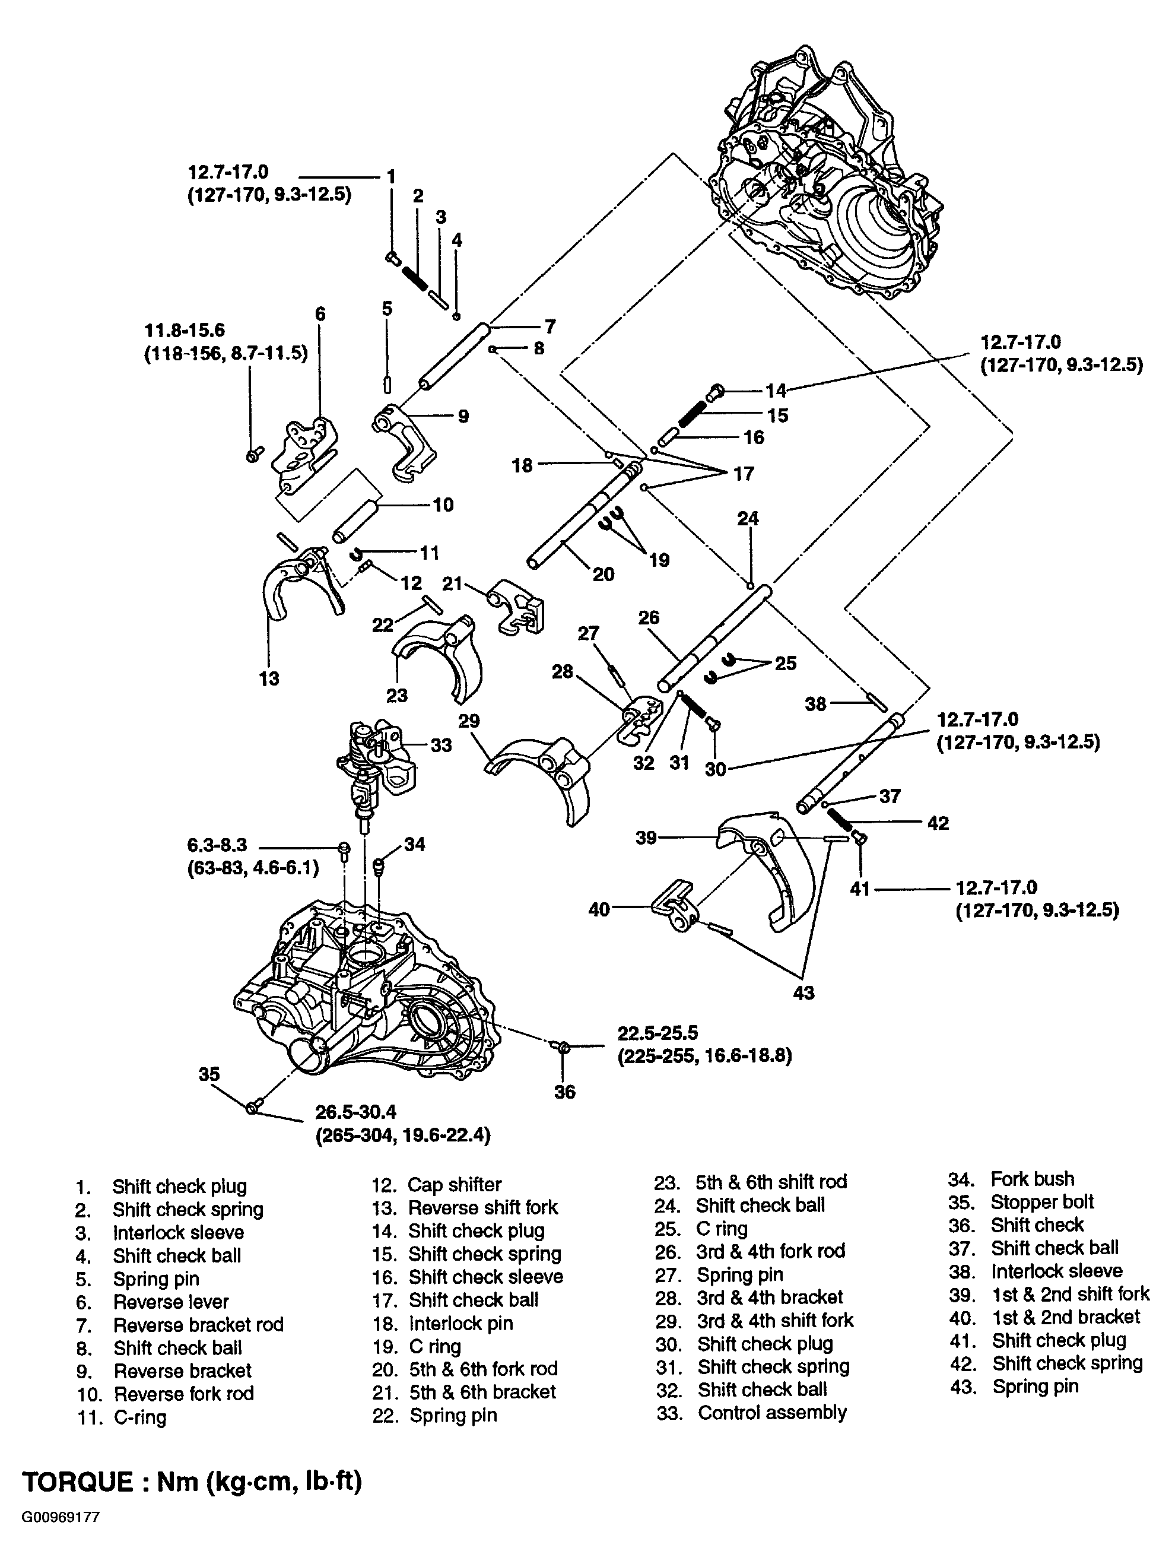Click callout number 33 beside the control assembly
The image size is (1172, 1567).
440,746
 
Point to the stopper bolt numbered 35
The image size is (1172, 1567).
254,1106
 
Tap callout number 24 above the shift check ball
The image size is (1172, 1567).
748,519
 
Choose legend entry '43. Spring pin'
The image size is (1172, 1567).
1014,1387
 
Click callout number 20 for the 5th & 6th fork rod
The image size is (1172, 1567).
603,574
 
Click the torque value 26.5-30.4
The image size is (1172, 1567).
355,1112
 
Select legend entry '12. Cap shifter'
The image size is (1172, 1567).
436,1185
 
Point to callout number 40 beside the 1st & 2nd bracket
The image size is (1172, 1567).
599,909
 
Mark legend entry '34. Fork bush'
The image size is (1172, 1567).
1011,1179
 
